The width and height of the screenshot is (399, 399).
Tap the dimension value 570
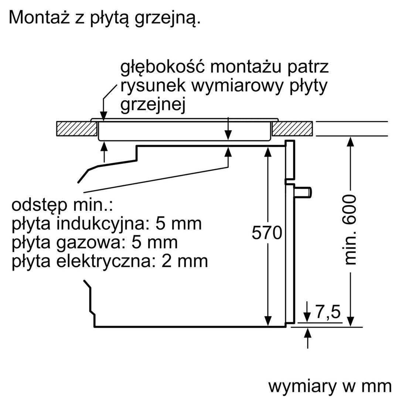click(267, 233)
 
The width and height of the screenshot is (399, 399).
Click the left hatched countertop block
click(76, 129)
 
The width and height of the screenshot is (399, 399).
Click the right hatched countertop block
click(292, 129)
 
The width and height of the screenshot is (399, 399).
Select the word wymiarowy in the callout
click(237, 86)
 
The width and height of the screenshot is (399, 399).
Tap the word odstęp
click(40, 206)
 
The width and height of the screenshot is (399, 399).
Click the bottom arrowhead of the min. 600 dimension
click(350, 321)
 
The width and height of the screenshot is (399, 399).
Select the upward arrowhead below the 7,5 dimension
click(308, 333)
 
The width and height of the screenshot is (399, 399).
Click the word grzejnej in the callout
click(153, 105)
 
